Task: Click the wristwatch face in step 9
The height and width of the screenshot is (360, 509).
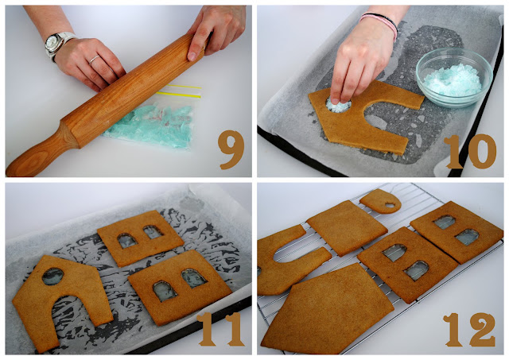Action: [52, 42]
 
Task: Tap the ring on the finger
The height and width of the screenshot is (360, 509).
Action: [95, 58]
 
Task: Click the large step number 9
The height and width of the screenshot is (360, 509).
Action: [231, 149]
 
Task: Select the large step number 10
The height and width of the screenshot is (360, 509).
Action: [470, 152]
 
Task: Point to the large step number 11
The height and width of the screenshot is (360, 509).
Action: [221, 329]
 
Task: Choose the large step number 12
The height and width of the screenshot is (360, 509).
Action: [470, 330]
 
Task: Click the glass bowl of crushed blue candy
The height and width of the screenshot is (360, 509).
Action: [454, 77]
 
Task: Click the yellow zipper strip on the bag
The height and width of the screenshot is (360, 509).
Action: [178, 95]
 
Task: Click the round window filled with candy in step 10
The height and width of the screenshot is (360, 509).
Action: [338, 105]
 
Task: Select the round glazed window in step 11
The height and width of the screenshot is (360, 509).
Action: [52, 277]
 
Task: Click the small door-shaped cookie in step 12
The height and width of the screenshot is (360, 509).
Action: [381, 201]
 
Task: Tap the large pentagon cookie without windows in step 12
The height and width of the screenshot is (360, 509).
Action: [328, 310]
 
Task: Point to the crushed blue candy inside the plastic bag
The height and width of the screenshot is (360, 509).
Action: [150, 125]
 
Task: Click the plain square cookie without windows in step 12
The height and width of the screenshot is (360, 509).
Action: [347, 227]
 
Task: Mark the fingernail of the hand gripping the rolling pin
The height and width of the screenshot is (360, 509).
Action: [192, 56]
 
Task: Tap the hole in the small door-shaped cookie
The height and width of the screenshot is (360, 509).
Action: [390, 205]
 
